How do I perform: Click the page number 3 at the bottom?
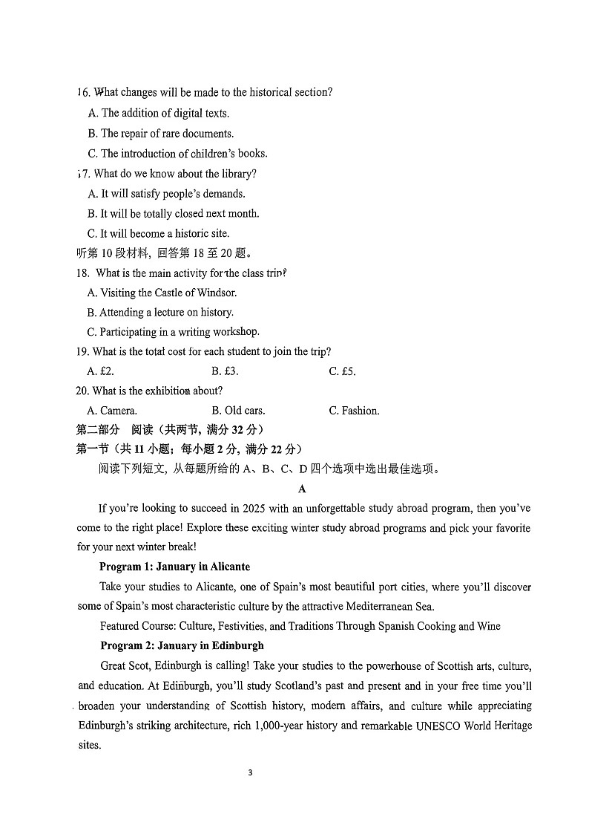[x=250, y=772]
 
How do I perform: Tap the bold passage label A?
[x=302, y=489]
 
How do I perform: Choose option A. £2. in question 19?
[x=100, y=371]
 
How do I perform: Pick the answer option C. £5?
[x=342, y=371]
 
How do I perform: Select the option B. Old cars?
[x=238, y=411]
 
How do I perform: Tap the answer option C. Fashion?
[x=354, y=411]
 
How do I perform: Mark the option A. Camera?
[x=112, y=411]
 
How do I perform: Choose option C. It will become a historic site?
[x=158, y=233]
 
